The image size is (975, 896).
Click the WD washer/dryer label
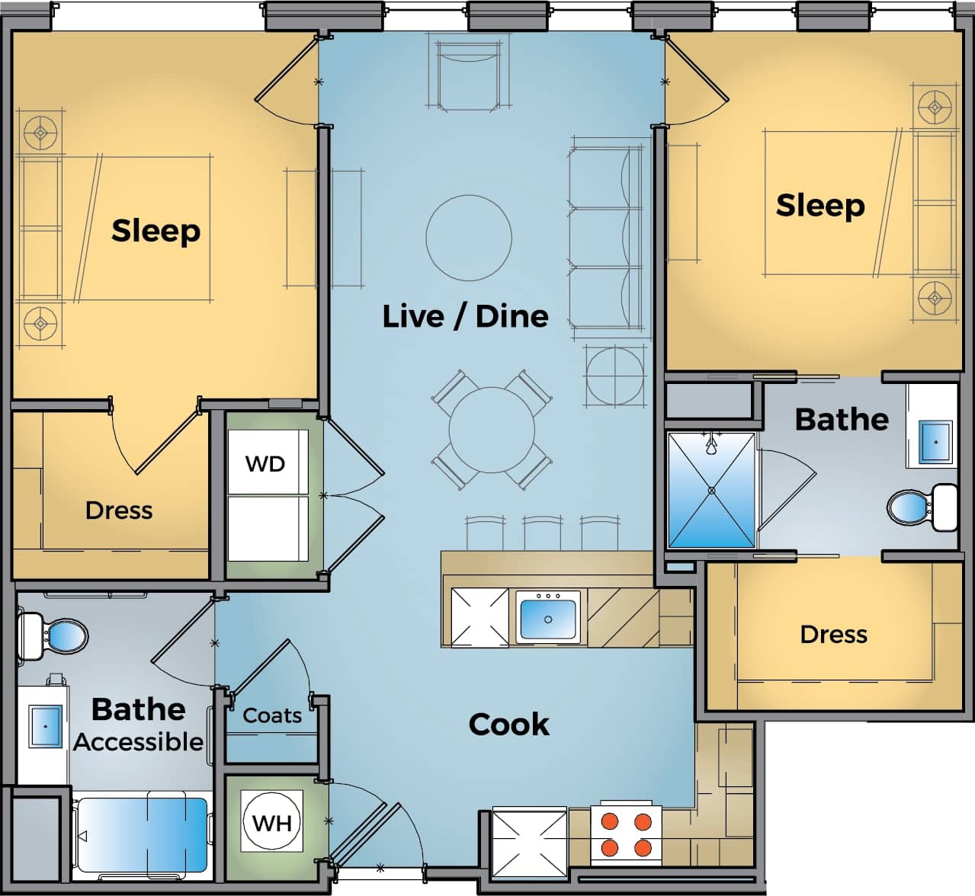tap(265, 463)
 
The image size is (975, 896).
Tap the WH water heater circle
tap(272, 823)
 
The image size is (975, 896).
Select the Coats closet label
tap(272, 715)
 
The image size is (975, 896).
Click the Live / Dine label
tap(465, 315)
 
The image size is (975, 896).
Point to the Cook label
tap(508, 724)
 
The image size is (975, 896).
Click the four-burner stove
tap(626, 834)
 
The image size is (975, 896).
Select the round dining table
tap(491, 430)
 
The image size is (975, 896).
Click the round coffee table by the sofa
tap(468, 237)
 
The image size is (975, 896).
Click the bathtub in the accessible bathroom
tap(143, 834)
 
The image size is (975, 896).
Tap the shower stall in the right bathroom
tap(711, 490)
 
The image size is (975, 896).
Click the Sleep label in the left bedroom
tap(156, 230)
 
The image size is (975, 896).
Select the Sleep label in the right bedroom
tap(820, 205)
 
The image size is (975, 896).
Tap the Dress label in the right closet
tap(833, 634)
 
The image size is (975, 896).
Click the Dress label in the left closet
tap(119, 510)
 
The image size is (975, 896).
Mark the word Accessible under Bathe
tap(139, 741)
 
